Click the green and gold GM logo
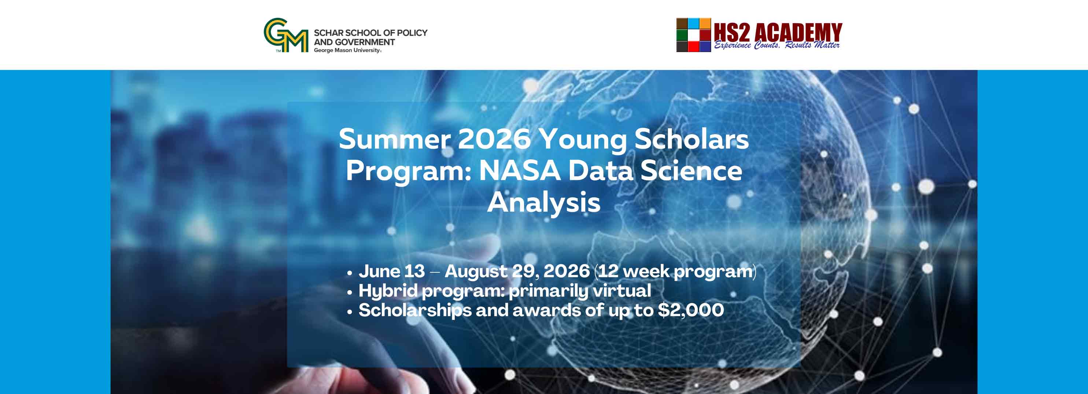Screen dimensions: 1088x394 (x=286, y=35)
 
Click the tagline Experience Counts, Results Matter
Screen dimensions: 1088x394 (x=777, y=45)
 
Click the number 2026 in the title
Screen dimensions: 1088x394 (x=494, y=139)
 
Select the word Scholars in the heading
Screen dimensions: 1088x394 (x=691, y=139)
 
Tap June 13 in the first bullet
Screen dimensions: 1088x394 (x=391, y=271)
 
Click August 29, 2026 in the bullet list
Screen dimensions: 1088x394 (x=517, y=271)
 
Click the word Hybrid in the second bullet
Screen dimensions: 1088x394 (x=388, y=291)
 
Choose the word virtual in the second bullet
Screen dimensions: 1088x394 (x=622, y=291)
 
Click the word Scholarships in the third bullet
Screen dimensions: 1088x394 (x=415, y=311)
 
